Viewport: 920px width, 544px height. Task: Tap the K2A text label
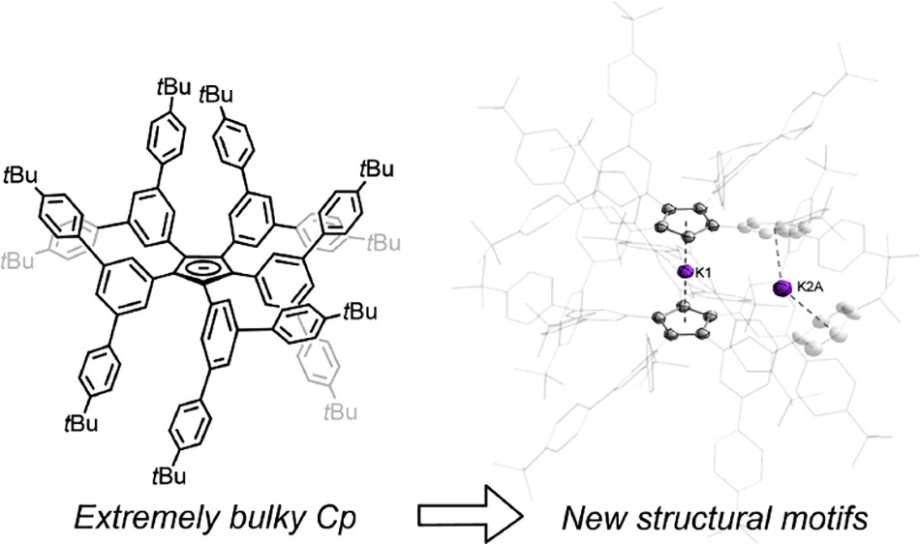[x=810, y=287]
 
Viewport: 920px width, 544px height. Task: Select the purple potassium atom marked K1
[x=685, y=272]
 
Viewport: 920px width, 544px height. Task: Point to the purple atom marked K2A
[x=783, y=288]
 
